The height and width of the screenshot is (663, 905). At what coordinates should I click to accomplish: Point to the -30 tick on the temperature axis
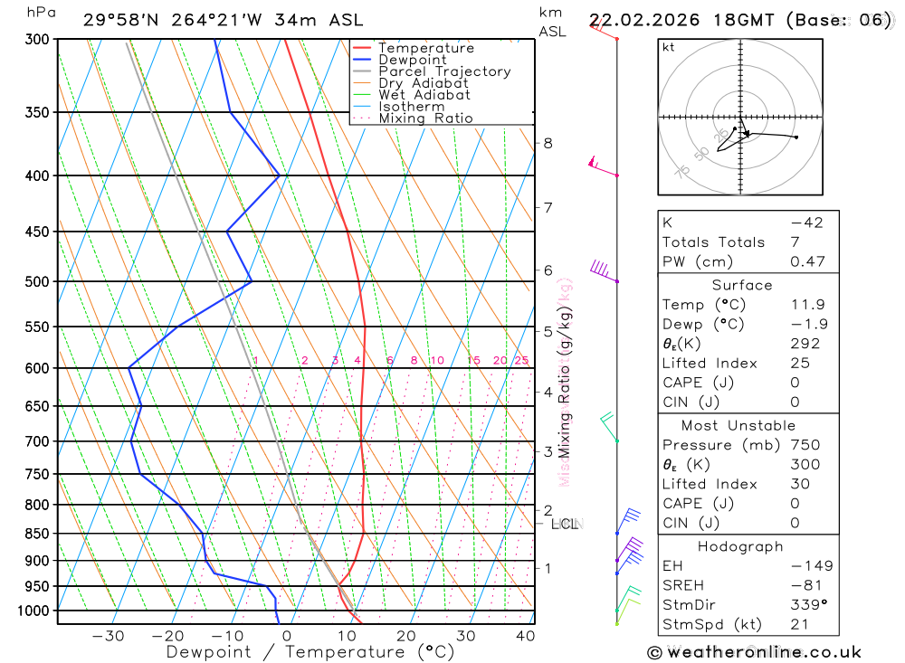pyautogui.click(x=108, y=636)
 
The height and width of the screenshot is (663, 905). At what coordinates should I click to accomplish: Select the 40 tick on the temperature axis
pyautogui.click(x=525, y=636)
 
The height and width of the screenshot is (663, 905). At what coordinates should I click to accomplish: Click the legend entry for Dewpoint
pyautogui.click(x=413, y=60)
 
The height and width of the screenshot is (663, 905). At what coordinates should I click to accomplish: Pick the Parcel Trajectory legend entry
pyautogui.click(x=444, y=71)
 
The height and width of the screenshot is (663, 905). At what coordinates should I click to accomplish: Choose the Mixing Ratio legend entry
pyautogui.click(x=425, y=118)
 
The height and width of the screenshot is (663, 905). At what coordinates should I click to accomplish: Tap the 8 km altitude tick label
pyautogui.click(x=548, y=143)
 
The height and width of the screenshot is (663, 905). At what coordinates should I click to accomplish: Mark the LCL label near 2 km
pyautogui.click(x=564, y=524)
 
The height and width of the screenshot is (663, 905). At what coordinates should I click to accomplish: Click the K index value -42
pyautogui.click(x=806, y=223)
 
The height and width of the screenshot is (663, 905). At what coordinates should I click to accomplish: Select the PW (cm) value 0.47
pyautogui.click(x=808, y=261)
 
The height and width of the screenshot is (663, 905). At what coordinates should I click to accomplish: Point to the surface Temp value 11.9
pyautogui.click(x=808, y=305)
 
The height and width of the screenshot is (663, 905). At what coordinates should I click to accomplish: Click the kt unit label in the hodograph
pyautogui.click(x=669, y=47)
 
